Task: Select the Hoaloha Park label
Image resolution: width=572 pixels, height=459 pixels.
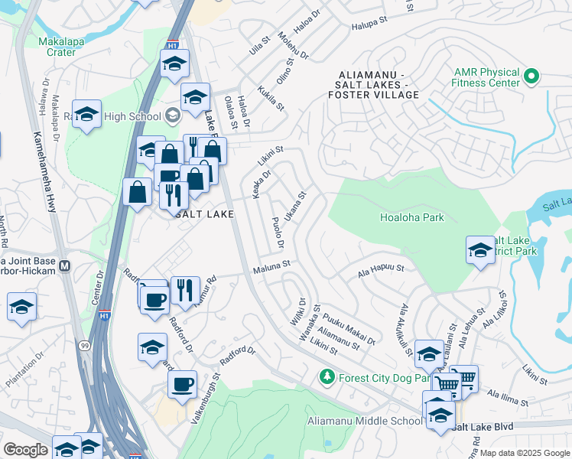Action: click(x=412, y=217)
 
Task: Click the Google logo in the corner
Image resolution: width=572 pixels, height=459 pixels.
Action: click(x=25, y=450)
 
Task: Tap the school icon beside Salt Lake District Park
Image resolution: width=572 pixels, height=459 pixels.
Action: click(x=480, y=250)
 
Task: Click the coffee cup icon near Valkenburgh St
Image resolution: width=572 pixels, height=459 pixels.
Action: click(x=182, y=384)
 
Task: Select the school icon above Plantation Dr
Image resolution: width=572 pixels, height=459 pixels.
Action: click(x=22, y=307)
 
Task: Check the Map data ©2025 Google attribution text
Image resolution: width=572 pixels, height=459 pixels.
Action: click(x=525, y=453)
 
